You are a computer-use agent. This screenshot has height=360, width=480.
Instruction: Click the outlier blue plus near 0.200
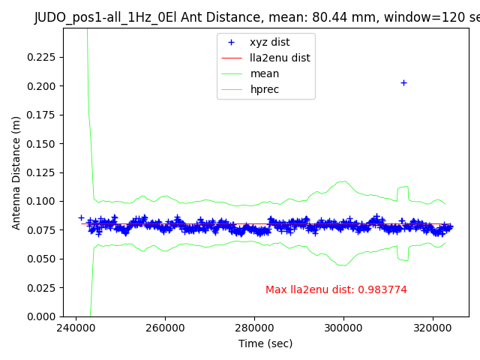(x=403, y=82)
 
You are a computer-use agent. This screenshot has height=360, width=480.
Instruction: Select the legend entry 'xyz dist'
(x=269, y=42)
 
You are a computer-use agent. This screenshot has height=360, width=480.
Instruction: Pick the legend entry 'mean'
(x=264, y=73)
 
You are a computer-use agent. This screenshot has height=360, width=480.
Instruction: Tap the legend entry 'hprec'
(x=265, y=89)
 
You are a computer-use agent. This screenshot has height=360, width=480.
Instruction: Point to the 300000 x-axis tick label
(x=343, y=328)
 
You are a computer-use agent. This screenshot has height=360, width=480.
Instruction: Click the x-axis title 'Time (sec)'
(x=265, y=343)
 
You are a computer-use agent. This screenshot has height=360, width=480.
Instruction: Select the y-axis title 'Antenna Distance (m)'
(x=16, y=172)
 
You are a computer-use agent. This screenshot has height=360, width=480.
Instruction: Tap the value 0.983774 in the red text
(x=382, y=290)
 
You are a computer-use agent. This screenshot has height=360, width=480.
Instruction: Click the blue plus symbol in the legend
(x=232, y=43)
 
